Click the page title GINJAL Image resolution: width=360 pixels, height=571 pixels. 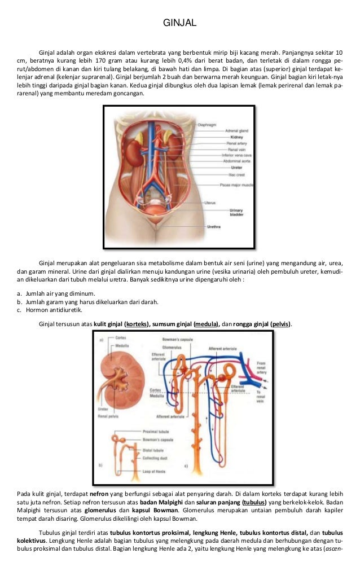(179, 23)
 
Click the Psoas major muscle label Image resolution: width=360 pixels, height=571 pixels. (237, 185)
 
